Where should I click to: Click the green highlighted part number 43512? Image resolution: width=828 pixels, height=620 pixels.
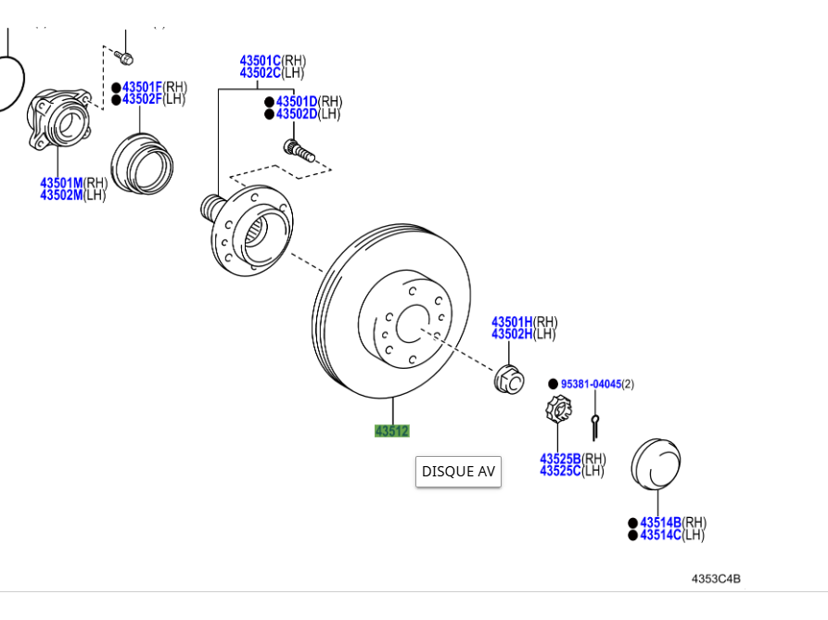click(x=391, y=431)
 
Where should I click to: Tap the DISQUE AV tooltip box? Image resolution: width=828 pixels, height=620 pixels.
click(x=458, y=471)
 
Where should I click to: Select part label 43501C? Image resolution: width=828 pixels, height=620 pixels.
click(x=260, y=60)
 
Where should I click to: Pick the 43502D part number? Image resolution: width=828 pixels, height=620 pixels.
click(x=297, y=114)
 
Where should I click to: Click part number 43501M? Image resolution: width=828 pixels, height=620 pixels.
click(x=61, y=183)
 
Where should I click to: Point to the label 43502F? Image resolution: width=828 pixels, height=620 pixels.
click(x=143, y=99)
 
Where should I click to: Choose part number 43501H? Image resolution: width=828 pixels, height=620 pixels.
click(x=512, y=322)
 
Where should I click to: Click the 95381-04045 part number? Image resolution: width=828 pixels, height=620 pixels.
click(x=590, y=384)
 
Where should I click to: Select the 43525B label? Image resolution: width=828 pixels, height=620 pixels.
click(x=560, y=459)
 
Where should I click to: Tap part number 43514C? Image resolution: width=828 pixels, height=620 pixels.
click(x=660, y=535)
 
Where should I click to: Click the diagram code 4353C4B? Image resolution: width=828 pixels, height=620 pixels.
click(x=716, y=579)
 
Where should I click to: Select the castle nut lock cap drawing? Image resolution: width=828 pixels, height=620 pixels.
click(x=557, y=410)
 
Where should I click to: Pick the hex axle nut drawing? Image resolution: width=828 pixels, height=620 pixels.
click(x=507, y=378)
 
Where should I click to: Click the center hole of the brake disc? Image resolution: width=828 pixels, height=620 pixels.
click(x=411, y=325)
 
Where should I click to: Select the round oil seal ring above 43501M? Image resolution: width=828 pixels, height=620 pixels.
click(x=142, y=163)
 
